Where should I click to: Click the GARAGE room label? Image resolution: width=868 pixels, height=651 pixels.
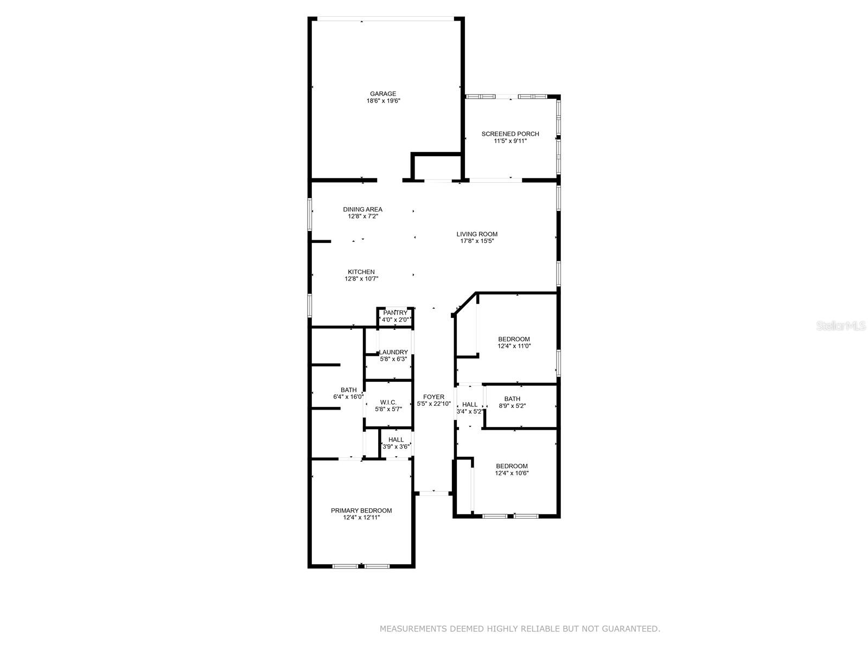click(x=382, y=94)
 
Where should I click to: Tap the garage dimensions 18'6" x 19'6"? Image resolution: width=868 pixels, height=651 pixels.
click(x=383, y=101)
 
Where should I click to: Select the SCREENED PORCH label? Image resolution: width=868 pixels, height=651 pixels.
click(x=510, y=133)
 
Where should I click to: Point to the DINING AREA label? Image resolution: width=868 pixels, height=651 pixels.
click(x=362, y=209)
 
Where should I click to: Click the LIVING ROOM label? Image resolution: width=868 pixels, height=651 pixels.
click(x=476, y=234)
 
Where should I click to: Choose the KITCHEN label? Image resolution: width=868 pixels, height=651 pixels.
click(x=361, y=272)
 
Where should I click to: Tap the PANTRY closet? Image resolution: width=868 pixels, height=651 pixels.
click(x=394, y=316)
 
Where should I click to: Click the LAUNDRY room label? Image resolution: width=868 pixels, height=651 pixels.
click(x=393, y=352)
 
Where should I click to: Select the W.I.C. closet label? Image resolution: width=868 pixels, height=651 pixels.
click(x=388, y=403)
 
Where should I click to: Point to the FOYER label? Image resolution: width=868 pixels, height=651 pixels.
click(x=433, y=397)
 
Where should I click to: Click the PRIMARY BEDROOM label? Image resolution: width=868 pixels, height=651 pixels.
click(x=361, y=510)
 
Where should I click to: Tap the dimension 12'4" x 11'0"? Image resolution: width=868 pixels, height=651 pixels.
click(x=513, y=346)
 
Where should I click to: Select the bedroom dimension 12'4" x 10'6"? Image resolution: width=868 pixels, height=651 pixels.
click(x=512, y=473)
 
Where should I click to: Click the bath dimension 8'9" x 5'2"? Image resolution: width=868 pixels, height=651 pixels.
click(x=512, y=406)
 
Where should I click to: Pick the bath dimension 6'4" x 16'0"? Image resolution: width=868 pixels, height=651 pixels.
click(x=348, y=397)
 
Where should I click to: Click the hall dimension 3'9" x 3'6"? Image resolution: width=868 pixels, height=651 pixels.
click(x=395, y=446)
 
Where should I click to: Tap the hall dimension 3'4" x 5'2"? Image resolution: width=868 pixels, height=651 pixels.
click(x=469, y=411)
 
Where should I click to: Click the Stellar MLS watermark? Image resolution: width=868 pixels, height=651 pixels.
click(x=841, y=325)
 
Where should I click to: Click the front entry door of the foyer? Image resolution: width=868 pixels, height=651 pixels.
click(x=433, y=493)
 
